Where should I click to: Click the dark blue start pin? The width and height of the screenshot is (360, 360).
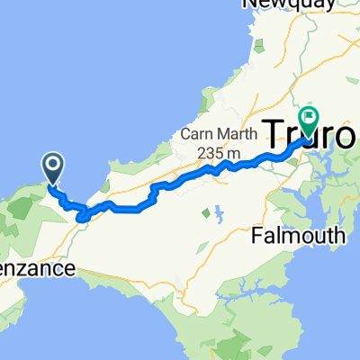tap(53, 166)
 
